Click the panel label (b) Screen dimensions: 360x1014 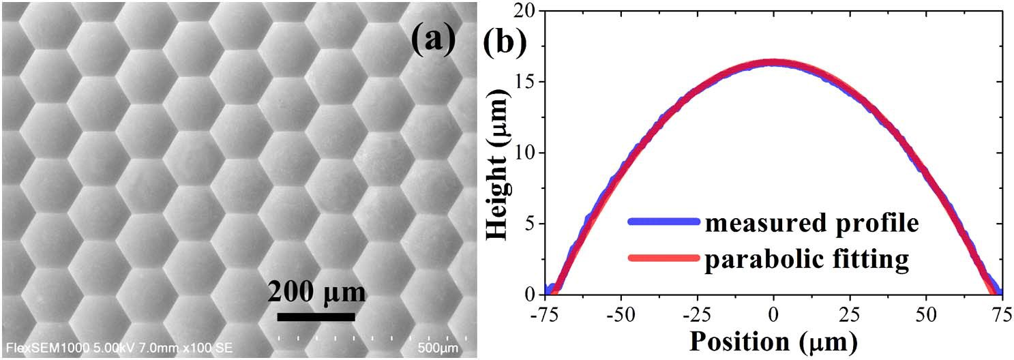click(x=504, y=42)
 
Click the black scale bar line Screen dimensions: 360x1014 click(x=316, y=316)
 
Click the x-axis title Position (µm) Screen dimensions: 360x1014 click(x=773, y=339)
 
